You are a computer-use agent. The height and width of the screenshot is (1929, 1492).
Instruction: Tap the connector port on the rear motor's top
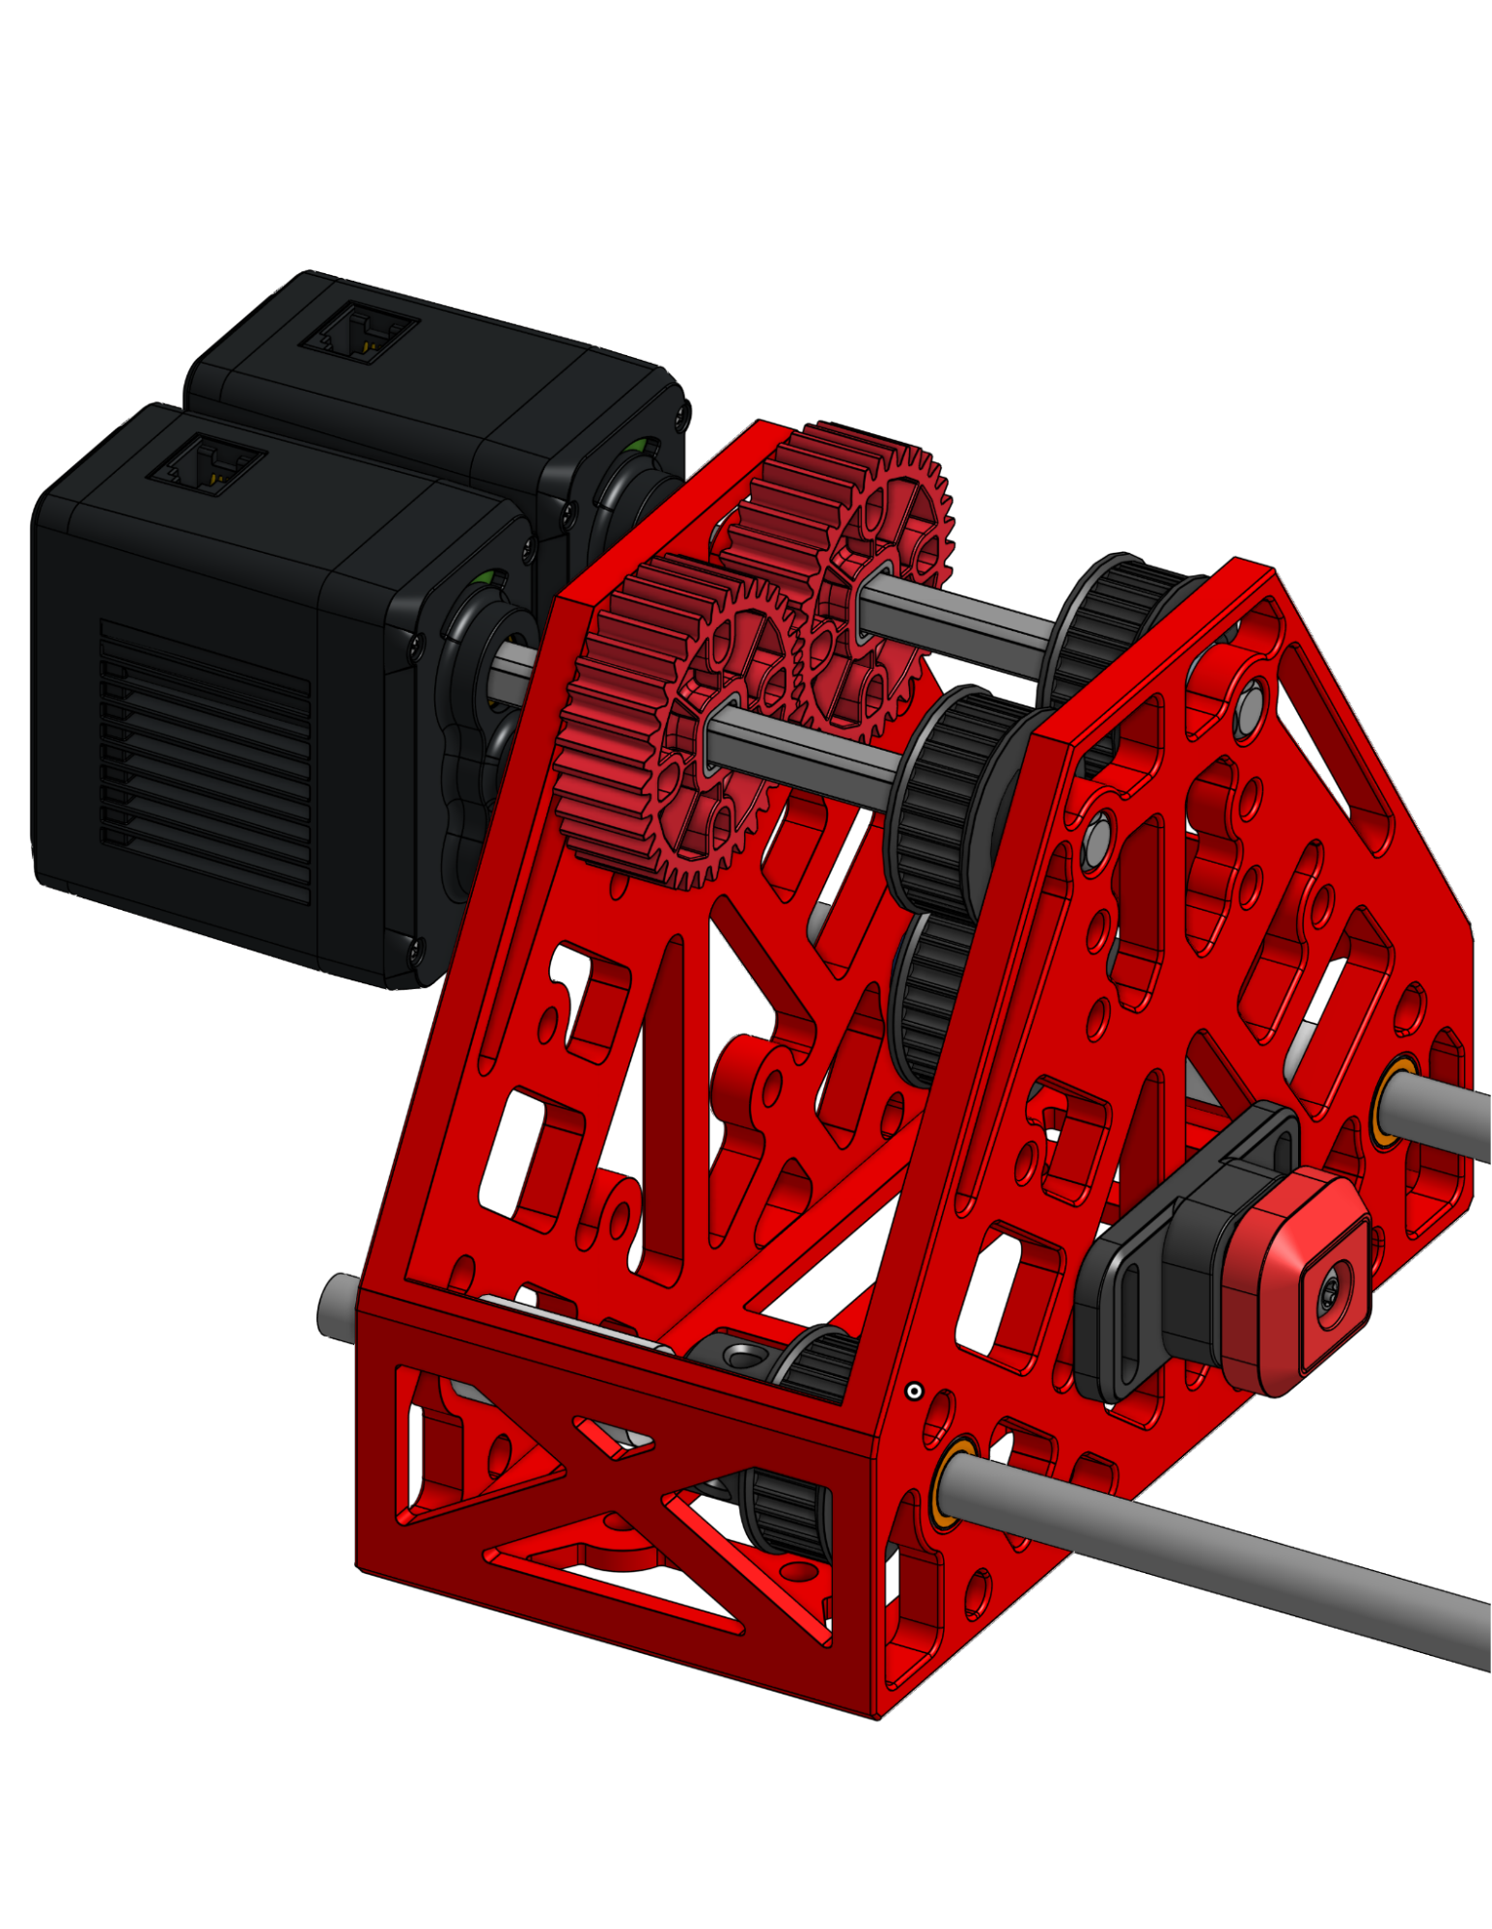[x=357, y=333]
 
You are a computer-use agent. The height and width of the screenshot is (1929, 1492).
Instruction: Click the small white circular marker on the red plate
[x=914, y=1391]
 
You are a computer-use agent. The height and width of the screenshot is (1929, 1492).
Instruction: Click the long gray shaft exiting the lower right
[x=1255, y=1563]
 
